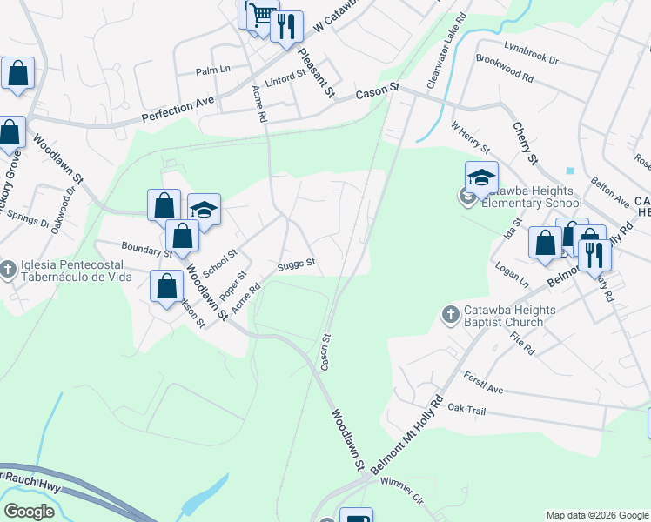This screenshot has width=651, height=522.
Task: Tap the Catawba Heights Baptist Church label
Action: [x=504, y=314]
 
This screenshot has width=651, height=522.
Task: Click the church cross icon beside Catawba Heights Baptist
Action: [x=450, y=313]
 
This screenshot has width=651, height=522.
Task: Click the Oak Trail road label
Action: [x=465, y=407]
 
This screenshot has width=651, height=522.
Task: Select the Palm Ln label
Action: [x=212, y=70]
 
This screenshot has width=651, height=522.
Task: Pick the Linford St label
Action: [x=285, y=77]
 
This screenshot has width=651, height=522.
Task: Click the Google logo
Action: [x=29, y=512]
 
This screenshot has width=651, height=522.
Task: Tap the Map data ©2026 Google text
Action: [x=596, y=515]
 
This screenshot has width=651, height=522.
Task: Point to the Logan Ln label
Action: [x=512, y=274]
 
